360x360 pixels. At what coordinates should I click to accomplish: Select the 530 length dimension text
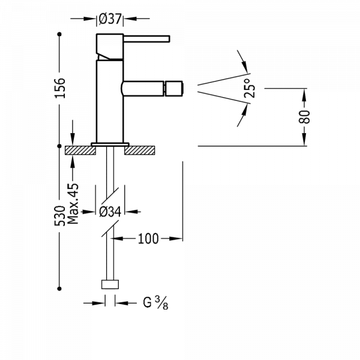(x=61, y=217)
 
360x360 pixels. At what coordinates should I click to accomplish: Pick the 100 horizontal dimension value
(x=148, y=239)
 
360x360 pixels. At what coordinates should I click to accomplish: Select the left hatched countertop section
(x=80, y=148)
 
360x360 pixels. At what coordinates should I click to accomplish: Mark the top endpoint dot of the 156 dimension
(x=58, y=36)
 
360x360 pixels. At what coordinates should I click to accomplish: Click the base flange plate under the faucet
(x=109, y=143)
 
